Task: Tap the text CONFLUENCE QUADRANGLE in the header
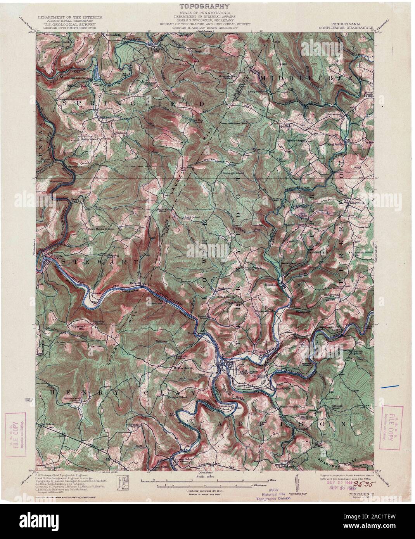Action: click(346, 28)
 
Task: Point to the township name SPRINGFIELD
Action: click(132, 104)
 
